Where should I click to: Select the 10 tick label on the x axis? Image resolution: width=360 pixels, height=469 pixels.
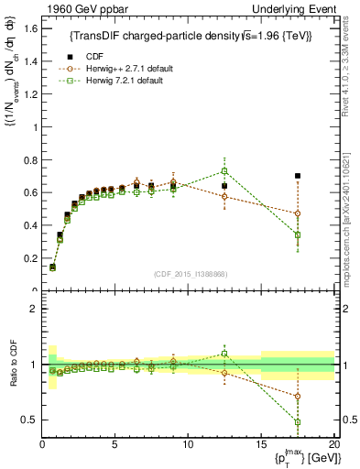[188, 444]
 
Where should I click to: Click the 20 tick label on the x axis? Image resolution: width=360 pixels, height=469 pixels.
[333, 444]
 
